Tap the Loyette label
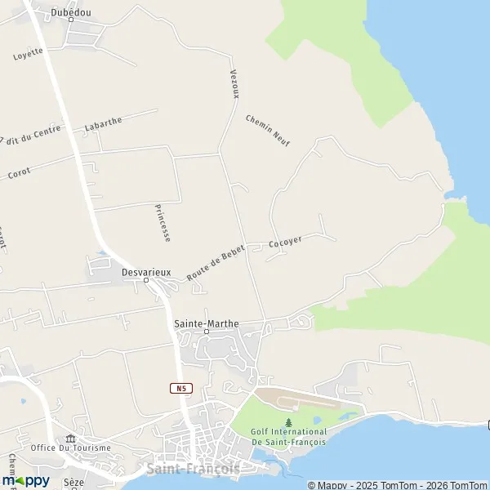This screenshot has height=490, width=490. [x=28, y=54]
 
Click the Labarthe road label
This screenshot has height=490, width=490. [x=103, y=124]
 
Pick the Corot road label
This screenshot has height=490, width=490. [x=19, y=173]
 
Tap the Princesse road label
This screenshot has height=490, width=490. [x=163, y=222]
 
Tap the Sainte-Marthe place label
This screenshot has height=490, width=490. [x=207, y=323]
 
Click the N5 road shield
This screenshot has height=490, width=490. [x=180, y=388]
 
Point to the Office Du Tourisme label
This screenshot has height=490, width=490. [x=70, y=448]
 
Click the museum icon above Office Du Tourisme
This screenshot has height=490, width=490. [x=70, y=438]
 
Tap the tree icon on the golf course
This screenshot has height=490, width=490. [x=288, y=422]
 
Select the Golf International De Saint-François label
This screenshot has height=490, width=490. [x=288, y=437]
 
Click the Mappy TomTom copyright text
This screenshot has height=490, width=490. [x=397, y=485]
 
